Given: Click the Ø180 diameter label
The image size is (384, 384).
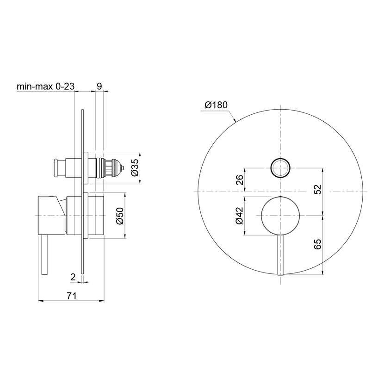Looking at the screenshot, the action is tap(216, 105).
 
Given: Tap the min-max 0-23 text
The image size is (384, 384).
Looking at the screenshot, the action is tap(45, 86).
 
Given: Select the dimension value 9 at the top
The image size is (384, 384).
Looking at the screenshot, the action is tap(99, 86).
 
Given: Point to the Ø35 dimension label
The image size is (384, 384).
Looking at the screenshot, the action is tap(135, 167).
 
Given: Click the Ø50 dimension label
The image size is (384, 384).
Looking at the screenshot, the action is tap(120, 216).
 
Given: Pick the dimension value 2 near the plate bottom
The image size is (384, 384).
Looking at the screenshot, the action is tap(73, 277).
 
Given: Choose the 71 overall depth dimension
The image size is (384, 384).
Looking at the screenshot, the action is tap(72, 296).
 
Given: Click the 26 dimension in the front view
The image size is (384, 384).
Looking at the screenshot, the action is tap(240, 180).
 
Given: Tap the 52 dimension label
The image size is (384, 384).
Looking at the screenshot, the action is tap(317, 189).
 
